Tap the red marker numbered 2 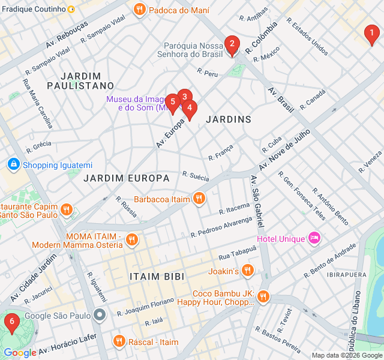click(232, 44)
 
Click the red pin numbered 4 click(190, 109)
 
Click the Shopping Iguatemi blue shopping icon click(13, 164)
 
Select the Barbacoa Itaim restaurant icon click(199, 199)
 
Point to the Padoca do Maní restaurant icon click(139, 10)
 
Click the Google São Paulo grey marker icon click(100, 315)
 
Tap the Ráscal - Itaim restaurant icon click(119, 341)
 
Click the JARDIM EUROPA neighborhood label click(126, 178)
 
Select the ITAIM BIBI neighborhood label click(157, 276)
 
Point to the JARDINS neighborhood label click(228, 119)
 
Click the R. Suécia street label click(196, 176)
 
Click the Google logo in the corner click(19, 353)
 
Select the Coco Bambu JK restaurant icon click(263, 297)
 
